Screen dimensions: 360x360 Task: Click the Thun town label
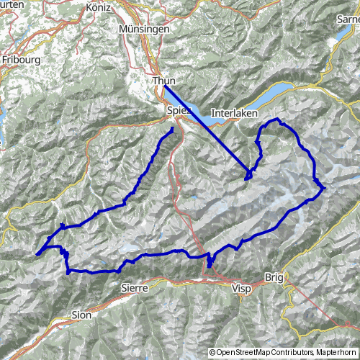click(x=164, y=81)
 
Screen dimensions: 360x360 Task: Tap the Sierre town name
click(x=135, y=287)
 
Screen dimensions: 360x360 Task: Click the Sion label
click(x=81, y=315)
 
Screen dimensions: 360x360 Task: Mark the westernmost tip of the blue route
click(x=35, y=253)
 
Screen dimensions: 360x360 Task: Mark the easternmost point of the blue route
click(x=325, y=188)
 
